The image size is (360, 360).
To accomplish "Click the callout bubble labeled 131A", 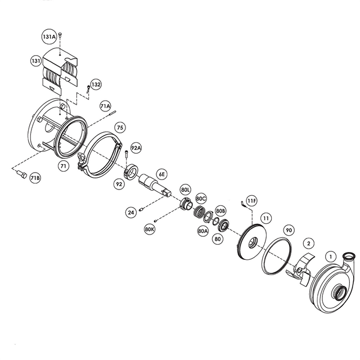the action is click(49, 36).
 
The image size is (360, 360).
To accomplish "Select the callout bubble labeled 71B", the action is click(35, 178).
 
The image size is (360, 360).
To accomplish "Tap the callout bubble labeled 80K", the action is click(150, 229).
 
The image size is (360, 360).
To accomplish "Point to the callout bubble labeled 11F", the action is click(251, 201).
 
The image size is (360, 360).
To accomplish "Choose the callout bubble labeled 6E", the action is click(162, 174).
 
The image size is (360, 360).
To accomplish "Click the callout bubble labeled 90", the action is click(289, 230).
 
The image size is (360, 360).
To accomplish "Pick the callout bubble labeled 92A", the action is click(136, 148).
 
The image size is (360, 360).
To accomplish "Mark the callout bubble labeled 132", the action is click(96, 84).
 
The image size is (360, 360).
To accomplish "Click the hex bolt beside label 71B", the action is click(21, 175).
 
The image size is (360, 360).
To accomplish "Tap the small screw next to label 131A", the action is click(60, 35).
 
